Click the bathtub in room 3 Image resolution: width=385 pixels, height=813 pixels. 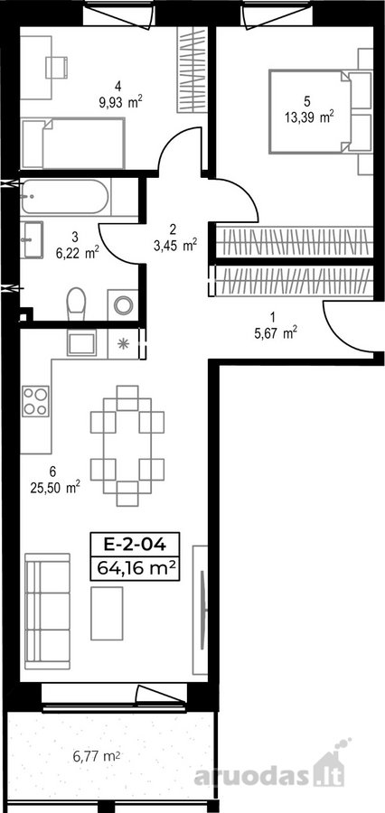click(x=65, y=197)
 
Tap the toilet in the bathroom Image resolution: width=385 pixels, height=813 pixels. click(x=76, y=304)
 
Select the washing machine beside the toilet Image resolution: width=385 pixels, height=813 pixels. click(x=123, y=305)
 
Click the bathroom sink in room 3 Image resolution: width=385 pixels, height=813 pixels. click(x=32, y=239)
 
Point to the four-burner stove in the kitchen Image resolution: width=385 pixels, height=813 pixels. click(x=35, y=401)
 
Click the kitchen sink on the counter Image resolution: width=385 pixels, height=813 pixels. click(x=81, y=342)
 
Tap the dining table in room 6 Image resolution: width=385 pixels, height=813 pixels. click(x=127, y=445)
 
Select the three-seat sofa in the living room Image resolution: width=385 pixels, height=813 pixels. click(x=47, y=612)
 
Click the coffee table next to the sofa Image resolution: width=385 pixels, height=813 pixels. click(x=107, y=613)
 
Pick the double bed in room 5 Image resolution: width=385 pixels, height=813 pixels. click(x=310, y=111)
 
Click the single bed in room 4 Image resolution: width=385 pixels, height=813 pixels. click(x=73, y=143)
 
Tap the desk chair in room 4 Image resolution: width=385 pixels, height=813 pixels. click(x=56, y=68)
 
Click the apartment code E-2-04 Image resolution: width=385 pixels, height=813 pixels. click(x=135, y=544)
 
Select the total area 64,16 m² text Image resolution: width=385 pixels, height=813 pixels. click(x=135, y=569)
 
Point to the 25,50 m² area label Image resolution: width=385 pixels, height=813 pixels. click(x=55, y=487)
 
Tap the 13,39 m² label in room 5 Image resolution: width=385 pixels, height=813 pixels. click(x=309, y=117)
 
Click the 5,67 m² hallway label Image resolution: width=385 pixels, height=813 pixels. click(x=275, y=333)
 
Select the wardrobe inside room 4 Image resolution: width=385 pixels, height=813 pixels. click(x=192, y=70)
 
